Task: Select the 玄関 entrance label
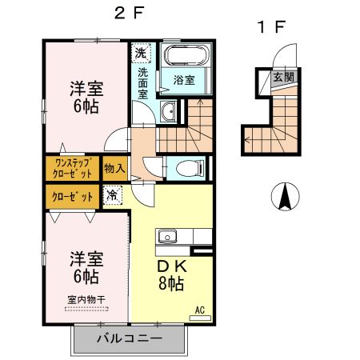283,78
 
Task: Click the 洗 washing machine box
141,54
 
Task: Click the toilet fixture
186,168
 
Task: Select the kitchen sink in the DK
168,237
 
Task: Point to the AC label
201,309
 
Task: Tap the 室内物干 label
86,301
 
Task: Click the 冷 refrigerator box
114,194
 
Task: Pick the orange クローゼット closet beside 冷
67,195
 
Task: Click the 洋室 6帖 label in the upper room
85,95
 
